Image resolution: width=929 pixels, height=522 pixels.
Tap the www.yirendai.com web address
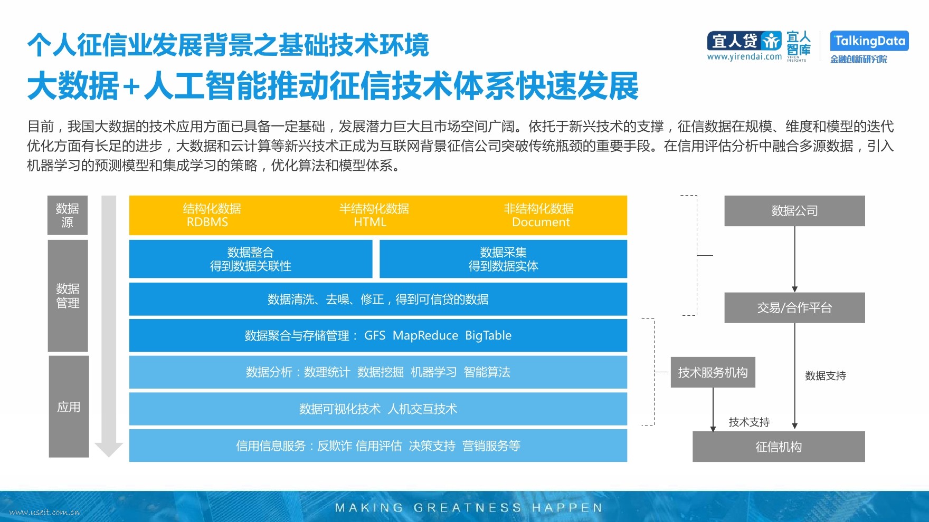pos(744,56)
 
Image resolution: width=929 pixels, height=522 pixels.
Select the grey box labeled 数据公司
pos(794,211)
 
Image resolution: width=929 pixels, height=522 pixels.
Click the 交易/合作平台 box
pos(794,308)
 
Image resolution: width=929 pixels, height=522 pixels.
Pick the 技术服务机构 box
pos(713,372)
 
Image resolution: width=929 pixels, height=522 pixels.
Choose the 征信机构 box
pos(779,447)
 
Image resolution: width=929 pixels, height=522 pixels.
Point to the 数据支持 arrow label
pos(826,375)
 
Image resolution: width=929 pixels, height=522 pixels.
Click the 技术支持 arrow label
pos(749,422)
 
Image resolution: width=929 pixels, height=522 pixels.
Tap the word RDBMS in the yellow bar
pos(207,222)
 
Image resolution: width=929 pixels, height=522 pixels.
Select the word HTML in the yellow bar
pos(370,222)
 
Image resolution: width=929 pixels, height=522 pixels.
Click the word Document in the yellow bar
pos(541,222)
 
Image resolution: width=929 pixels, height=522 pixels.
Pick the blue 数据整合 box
pos(251,259)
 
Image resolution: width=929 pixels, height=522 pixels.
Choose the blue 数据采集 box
pos(504,259)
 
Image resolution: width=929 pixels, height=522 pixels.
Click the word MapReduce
pos(425,335)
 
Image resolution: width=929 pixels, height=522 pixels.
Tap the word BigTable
pos(488,335)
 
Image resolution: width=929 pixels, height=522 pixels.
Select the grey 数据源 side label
pos(68,215)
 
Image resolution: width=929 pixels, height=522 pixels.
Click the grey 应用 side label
pos(69,407)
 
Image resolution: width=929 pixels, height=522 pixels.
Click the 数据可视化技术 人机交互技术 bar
pos(378,409)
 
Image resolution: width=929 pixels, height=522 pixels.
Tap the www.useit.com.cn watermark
pos(45,511)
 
